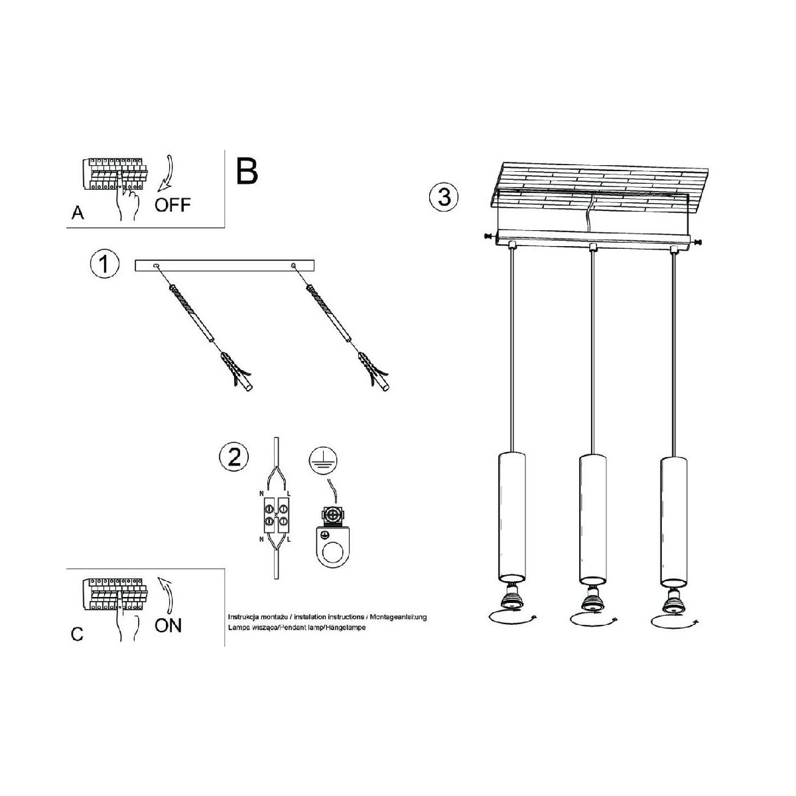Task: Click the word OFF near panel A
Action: pos(172,205)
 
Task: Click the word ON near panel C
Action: pos(168,626)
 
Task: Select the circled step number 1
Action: pos(105,264)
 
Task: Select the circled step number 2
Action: pos(234,458)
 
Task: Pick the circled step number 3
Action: pos(444,197)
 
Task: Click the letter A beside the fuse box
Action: pos(78,213)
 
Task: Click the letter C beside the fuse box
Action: pos(77,634)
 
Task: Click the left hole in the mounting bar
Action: pos(156,265)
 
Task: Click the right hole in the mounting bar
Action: pos(293,265)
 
